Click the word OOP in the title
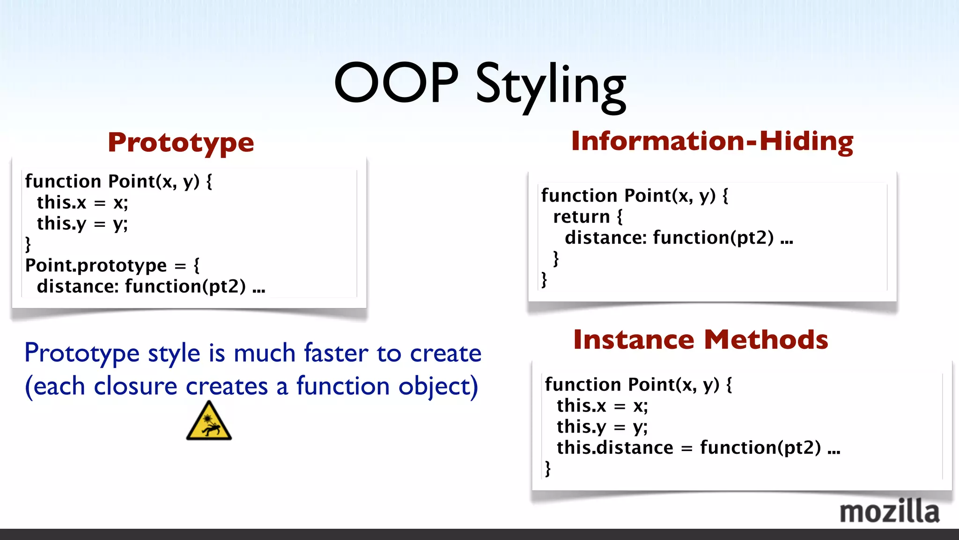[396, 83]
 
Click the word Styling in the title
[551, 87]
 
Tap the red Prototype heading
[181, 143]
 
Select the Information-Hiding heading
[712, 141]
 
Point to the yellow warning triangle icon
[209, 422]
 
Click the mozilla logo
[889, 511]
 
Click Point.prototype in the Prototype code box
[96, 266]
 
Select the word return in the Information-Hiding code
[581, 217]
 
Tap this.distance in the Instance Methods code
[614, 448]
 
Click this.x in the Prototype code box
[61, 202]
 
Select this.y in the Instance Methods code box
[581, 427]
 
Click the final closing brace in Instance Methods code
[548, 468]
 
